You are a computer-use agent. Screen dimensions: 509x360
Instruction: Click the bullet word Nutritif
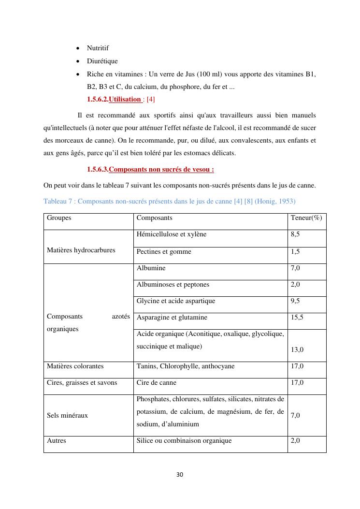pos(98,48)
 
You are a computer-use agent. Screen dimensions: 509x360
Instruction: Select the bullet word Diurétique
pos(102,61)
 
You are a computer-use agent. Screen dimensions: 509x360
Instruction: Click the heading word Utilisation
pos(125,100)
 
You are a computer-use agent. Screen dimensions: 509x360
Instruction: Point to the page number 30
pos(180,475)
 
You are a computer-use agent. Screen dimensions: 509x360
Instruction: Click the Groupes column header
pos(59,218)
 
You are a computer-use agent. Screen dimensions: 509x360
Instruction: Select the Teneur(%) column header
pos(306,218)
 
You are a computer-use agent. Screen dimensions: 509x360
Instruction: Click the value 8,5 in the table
pos(295,234)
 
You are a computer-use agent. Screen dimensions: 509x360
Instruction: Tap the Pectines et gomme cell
pos(164,252)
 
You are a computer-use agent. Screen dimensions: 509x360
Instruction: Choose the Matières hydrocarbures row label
pos(81,250)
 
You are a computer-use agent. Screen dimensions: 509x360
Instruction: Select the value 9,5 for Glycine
pos(295,301)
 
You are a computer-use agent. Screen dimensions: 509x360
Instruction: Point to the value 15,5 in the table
pos(297,318)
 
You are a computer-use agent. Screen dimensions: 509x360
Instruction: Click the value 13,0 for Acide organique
pos(297,349)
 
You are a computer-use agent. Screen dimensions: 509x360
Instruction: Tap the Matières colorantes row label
pos(75,366)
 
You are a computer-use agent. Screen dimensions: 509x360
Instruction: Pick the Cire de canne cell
pos(157,383)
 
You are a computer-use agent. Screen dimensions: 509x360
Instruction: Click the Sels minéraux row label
pos(67,416)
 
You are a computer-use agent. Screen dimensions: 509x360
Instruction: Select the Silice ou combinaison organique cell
pos(184,441)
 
